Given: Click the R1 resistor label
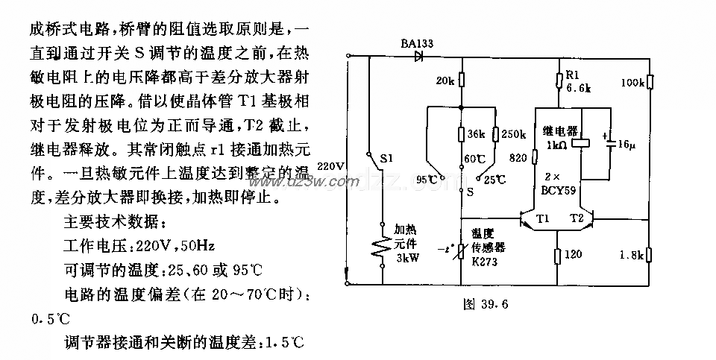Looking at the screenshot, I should click(x=572, y=75).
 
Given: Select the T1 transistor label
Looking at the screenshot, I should click(x=541, y=219).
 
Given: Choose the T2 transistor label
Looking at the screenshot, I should click(x=577, y=219).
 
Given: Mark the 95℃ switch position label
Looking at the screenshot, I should click(x=427, y=180).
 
